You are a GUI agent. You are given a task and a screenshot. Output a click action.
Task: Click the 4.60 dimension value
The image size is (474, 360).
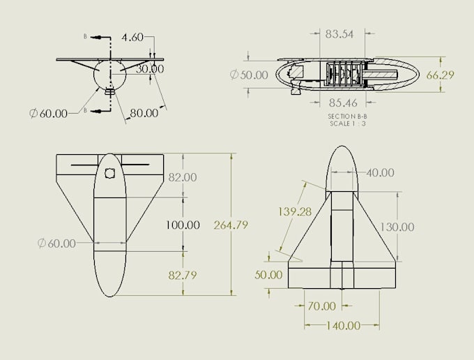[135, 38]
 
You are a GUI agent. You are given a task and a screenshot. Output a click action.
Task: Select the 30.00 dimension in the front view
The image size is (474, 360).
[150, 69]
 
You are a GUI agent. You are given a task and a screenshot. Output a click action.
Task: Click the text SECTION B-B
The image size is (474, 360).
[342, 117]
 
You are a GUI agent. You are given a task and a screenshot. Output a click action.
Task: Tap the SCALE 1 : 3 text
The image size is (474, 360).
[342, 124]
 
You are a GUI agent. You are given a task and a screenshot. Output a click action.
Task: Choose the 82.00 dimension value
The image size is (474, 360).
[183, 178]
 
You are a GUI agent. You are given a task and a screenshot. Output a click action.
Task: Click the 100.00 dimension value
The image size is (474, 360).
[182, 225]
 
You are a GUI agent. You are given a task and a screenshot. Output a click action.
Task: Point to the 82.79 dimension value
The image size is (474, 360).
[182, 276]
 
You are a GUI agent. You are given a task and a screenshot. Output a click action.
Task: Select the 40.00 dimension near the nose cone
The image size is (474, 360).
[379, 173]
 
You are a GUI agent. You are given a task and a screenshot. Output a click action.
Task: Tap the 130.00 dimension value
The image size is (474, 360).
[397, 227]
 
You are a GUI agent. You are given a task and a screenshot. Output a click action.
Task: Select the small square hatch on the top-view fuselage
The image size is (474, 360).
[109, 174]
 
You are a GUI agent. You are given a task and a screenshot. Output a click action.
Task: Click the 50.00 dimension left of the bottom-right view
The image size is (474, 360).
[268, 276]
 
